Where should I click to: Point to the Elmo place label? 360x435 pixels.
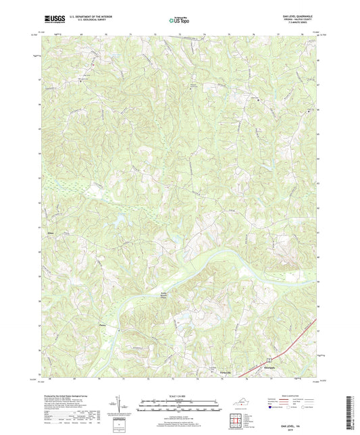[x=49, y=233]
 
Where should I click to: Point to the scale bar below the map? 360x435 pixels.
[x=179, y=407]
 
